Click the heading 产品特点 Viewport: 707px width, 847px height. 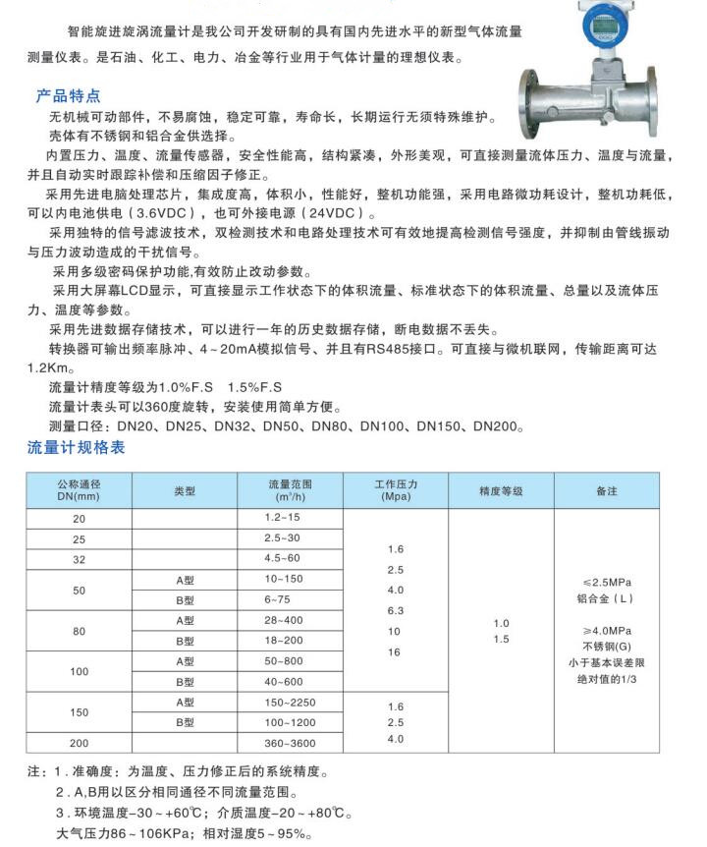pyautogui.click(x=68, y=96)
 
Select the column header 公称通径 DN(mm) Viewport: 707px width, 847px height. pyautogui.click(x=80, y=490)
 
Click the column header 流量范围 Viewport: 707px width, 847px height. pyautogui.click(x=289, y=490)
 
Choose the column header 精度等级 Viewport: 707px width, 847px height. pyautogui.click(x=501, y=490)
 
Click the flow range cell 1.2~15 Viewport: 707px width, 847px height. pyautogui.click(x=282, y=517)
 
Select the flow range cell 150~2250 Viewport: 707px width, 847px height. pyautogui.click(x=289, y=703)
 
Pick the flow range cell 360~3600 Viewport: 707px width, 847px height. pyautogui.click(x=289, y=744)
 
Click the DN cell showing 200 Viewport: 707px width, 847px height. pyautogui.click(x=80, y=744)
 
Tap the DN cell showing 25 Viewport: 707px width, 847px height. pyautogui.click(x=80, y=538)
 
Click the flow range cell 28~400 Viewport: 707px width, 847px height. pyautogui.click(x=285, y=620)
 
